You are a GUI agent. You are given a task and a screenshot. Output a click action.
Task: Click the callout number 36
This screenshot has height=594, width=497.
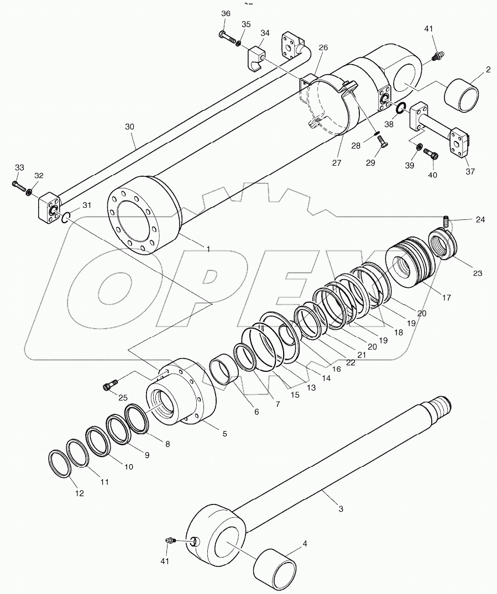coord(225,13)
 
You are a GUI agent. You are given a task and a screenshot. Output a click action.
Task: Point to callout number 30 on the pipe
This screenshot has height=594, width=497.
coord(129,127)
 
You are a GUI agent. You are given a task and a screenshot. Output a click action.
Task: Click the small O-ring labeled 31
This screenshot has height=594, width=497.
coord(66,218)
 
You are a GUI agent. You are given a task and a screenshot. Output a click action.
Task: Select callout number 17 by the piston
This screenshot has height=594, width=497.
coord(446,297)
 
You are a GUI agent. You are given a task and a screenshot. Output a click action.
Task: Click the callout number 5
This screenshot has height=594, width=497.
coord(224,434)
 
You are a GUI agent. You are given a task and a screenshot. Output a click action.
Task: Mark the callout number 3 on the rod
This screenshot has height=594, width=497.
coord(341,508)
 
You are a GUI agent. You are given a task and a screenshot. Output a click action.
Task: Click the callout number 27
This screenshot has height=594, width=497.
coord(336,163)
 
